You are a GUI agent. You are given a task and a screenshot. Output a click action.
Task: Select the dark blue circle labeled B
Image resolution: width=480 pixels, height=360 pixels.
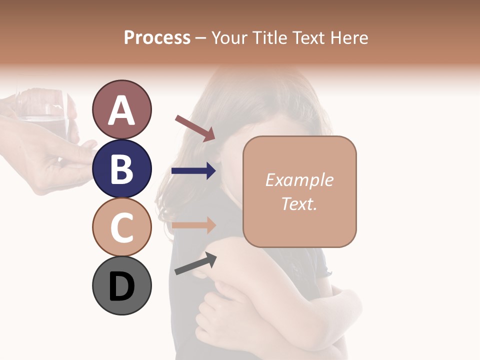coord(121,168)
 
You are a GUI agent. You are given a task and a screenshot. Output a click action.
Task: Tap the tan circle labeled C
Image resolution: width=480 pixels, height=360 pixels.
coord(121,227)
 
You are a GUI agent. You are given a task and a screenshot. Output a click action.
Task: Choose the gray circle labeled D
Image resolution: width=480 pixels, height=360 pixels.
coord(121,286)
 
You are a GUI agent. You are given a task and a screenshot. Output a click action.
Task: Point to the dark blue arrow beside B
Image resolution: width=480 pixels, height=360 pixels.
coord(193,171)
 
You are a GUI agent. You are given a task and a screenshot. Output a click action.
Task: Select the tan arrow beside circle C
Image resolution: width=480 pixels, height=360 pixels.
coord(193,225)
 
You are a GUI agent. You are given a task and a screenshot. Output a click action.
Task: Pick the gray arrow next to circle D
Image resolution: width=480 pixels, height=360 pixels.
coord(195,263)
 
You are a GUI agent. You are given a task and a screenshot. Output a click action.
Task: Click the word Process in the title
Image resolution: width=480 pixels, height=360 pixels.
coord(157,37)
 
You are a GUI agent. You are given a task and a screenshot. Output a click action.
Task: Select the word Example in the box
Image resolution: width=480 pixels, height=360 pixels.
coord(299,180)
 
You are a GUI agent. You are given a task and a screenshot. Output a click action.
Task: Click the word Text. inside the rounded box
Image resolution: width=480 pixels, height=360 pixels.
coord(299,203)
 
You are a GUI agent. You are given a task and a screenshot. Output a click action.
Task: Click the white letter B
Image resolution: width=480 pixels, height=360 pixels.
coord(121,169)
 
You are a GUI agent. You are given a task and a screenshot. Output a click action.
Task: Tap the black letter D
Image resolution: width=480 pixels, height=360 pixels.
coord(121,286)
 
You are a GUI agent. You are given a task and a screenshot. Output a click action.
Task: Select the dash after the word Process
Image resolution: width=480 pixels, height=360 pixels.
coord(200,38)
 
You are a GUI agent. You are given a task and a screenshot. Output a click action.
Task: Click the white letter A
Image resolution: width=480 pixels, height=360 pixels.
coord(121,110)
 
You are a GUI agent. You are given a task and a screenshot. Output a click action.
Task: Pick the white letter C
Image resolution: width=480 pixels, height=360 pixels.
coord(121,228)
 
